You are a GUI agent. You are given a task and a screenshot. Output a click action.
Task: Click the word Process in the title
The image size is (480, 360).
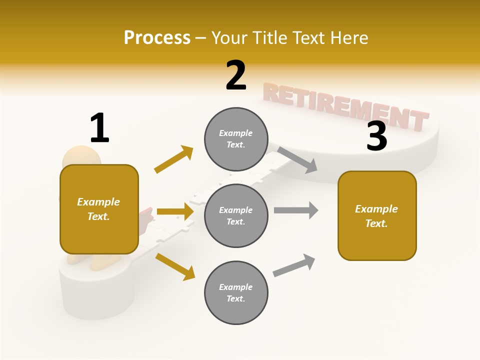coord(157,38)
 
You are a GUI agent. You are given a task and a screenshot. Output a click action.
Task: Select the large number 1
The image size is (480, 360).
coord(99,128)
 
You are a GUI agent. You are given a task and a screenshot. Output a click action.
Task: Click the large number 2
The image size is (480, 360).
coord(236,75)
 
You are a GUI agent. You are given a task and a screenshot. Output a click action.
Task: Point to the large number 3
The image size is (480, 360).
coord(376,136)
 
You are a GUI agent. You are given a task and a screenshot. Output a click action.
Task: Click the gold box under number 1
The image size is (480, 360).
coord(99,209)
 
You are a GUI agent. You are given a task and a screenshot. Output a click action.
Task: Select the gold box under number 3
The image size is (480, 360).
coord(377,216)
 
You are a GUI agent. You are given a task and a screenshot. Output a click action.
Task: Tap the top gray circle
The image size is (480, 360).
coord(236,139)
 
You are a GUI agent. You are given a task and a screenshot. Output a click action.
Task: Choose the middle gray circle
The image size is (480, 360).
coord(236,215)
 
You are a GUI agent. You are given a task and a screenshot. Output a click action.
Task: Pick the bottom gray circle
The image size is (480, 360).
coord(236,292)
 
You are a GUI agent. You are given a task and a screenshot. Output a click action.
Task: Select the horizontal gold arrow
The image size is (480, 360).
coord(175,211)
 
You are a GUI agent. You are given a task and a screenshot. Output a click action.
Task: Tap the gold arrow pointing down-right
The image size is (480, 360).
coord(175,266)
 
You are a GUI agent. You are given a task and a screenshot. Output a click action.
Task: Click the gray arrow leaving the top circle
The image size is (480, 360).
coord(297,160)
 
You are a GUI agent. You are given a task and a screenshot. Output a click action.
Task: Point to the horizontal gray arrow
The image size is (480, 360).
coord(296,210)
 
